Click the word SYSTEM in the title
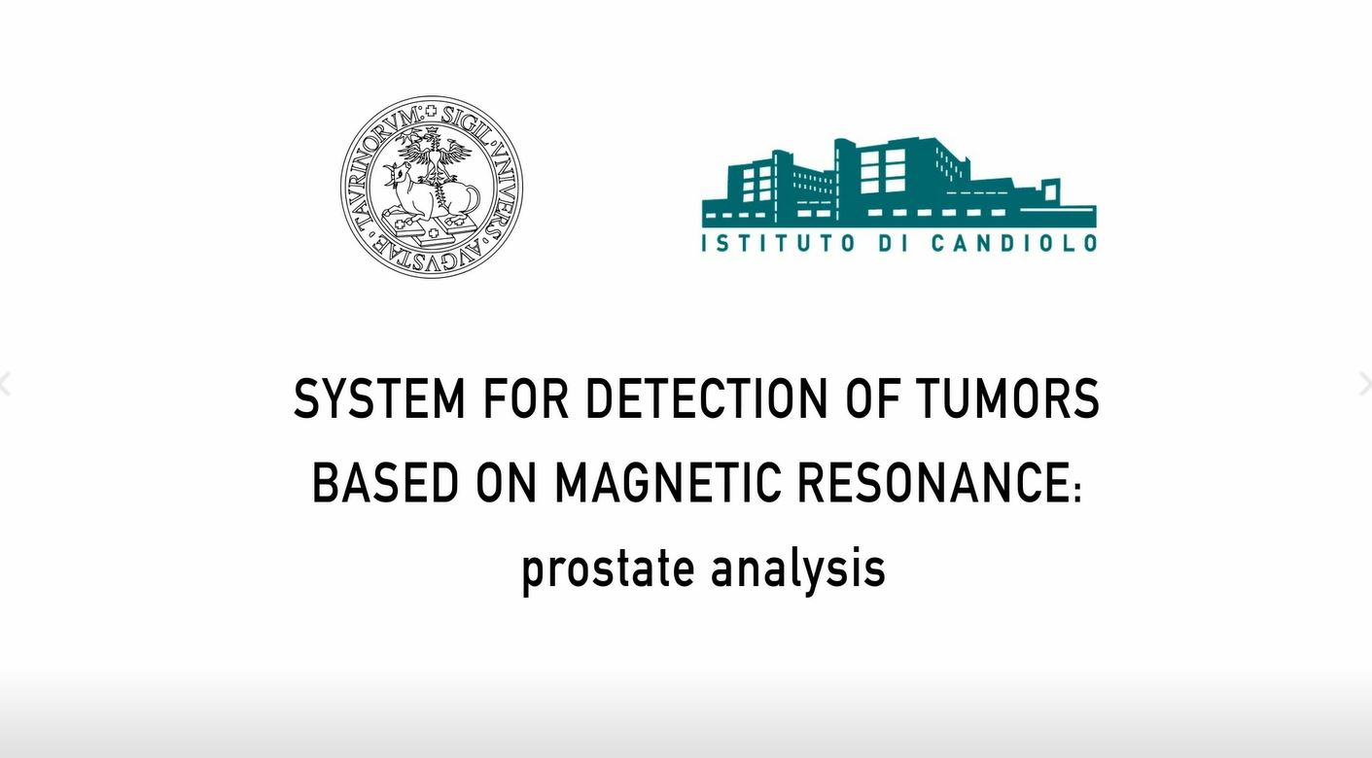pyautogui.click(x=380, y=398)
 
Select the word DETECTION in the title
pyautogui.click(x=706, y=398)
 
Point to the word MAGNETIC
pyautogui.click(x=667, y=482)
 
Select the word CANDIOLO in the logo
pyautogui.click(x=1014, y=243)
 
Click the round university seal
pyautogui.click(x=432, y=187)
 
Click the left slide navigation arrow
pyautogui.click(x=6, y=385)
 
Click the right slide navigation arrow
pyautogui.click(x=1366, y=385)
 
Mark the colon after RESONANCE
pyautogui.click(x=1077, y=489)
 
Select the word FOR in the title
pyautogui.click(x=525, y=398)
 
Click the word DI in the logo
pyautogui.click(x=893, y=243)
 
